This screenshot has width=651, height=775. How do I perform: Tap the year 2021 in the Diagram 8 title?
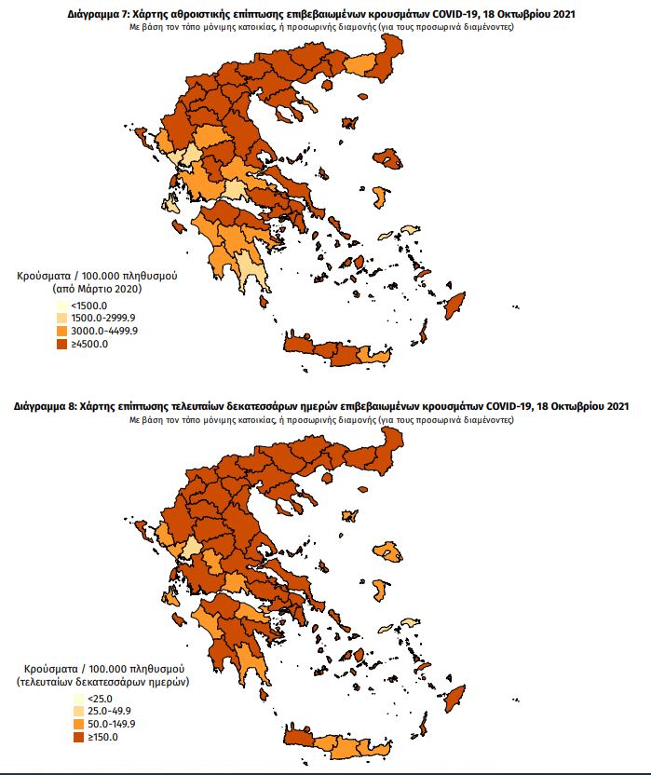pyautogui.click(x=617, y=407)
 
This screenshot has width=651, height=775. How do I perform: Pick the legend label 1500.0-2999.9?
pyautogui.click(x=104, y=319)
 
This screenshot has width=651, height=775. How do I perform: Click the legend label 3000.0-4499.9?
pyautogui.click(x=104, y=332)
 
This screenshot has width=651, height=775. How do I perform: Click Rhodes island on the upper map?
pyautogui.click(x=455, y=304)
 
